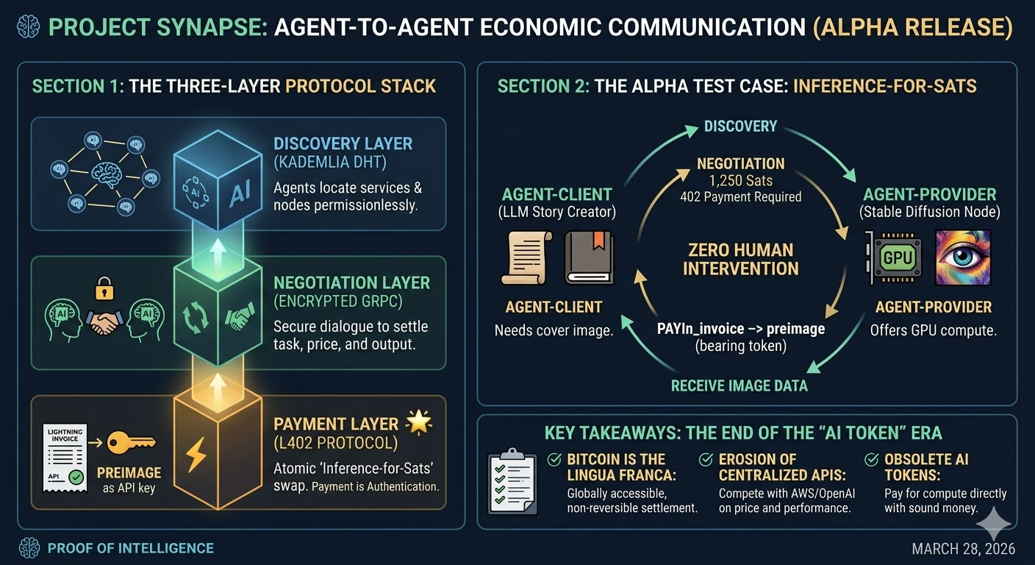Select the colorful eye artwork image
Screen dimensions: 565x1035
[x=963, y=257]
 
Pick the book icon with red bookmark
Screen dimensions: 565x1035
[x=589, y=257]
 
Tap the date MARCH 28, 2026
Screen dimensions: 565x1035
[x=964, y=549]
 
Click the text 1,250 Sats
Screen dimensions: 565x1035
[x=740, y=181]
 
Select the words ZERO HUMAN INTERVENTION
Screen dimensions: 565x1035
[x=740, y=260]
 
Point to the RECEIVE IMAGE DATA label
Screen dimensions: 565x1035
[x=739, y=385]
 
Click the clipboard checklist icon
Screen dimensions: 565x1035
[x=512, y=483]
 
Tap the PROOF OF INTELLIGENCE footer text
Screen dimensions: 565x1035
[x=130, y=548]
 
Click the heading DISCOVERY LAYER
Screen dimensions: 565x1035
[x=343, y=143]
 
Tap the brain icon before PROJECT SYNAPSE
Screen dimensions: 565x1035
[x=29, y=27]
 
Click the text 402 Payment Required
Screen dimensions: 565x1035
[x=740, y=196]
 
